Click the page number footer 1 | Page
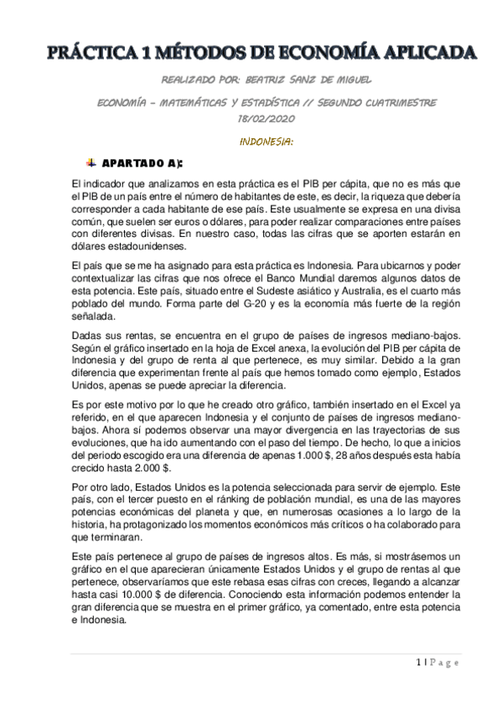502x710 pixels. click(437, 661)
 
